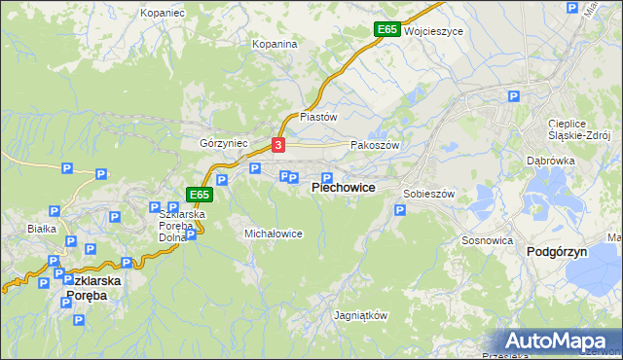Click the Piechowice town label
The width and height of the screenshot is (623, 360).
pos(343,187)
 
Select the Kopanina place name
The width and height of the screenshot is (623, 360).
pos(275,44)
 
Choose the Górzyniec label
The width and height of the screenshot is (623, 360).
pos(224,142)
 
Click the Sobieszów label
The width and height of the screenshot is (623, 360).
pos(429,194)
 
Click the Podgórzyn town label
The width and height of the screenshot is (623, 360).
pos(556,251)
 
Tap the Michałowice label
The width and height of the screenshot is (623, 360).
pos(273,234)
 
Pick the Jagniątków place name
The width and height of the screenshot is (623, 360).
pos(360,316)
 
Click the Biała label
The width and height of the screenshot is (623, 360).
pos(42,229)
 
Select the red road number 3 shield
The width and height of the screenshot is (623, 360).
pos(278,145)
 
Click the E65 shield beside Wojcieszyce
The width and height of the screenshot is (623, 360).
pos(386,30)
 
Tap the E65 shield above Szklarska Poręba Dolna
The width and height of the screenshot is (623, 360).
pos(199,195)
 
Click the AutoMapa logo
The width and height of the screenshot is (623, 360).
pos(558,342)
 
